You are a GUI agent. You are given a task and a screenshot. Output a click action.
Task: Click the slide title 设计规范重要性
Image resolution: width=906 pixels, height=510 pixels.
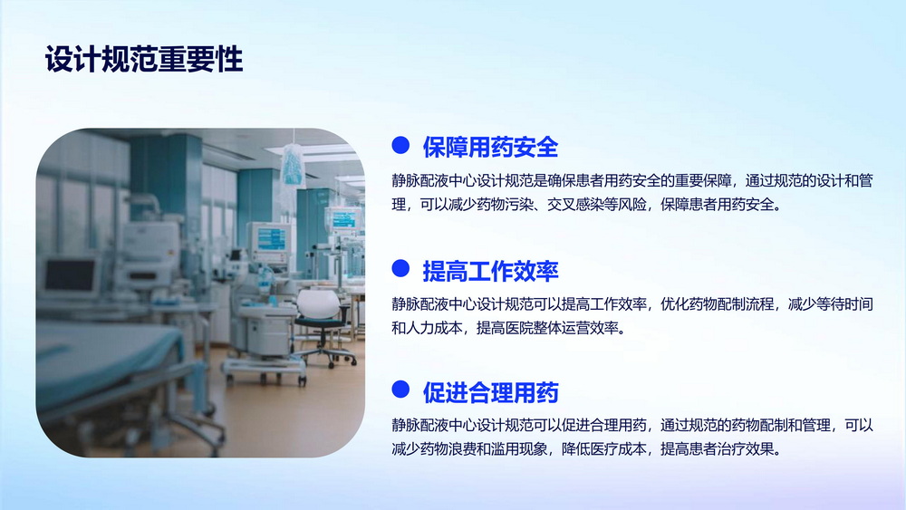[x=144, y=60]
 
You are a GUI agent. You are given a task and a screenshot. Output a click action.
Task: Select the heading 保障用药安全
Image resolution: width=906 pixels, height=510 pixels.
[x=490, y=148]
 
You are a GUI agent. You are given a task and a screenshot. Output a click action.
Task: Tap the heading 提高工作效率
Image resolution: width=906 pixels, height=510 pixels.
[x=490, y=271]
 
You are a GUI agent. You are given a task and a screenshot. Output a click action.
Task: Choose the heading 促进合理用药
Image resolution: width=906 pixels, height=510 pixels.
[x=490, y=393]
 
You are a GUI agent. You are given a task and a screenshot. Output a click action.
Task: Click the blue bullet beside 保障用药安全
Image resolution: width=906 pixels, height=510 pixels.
[x=400, y=145]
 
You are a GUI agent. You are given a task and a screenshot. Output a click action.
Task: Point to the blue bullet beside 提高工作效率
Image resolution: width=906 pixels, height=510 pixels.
[x=400, y=268]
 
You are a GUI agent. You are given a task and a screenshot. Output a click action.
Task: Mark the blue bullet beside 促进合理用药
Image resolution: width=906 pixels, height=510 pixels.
[x=400, y=390]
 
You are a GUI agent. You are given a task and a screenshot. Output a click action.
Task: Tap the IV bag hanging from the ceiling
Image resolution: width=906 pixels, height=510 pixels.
[x=293, y=166]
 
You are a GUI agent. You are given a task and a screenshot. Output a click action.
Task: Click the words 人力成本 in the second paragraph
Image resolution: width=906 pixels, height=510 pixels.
[x=434, y=328]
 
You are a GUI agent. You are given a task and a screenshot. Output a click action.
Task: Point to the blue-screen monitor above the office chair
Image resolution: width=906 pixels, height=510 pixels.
[x=270, y=242]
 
